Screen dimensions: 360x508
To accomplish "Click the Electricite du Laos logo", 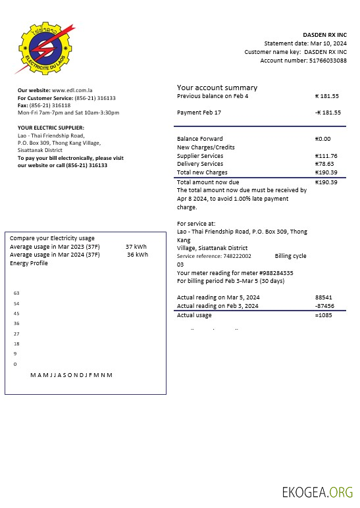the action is [43, 48].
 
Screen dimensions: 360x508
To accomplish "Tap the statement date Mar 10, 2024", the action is [324, 43].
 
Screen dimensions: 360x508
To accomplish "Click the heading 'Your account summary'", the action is [217, 88].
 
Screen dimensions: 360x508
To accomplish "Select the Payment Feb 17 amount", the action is [327, 113].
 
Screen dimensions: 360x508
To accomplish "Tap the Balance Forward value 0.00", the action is [323, 139].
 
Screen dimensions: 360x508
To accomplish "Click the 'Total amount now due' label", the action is [208, 182].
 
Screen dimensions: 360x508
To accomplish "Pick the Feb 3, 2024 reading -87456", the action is [324, 306].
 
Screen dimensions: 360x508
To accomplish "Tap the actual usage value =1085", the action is [324, 316].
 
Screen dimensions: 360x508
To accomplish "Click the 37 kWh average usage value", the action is [136, 247].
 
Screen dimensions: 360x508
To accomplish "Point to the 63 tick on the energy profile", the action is [16, 293].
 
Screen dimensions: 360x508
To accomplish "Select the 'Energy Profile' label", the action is [29, 263].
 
